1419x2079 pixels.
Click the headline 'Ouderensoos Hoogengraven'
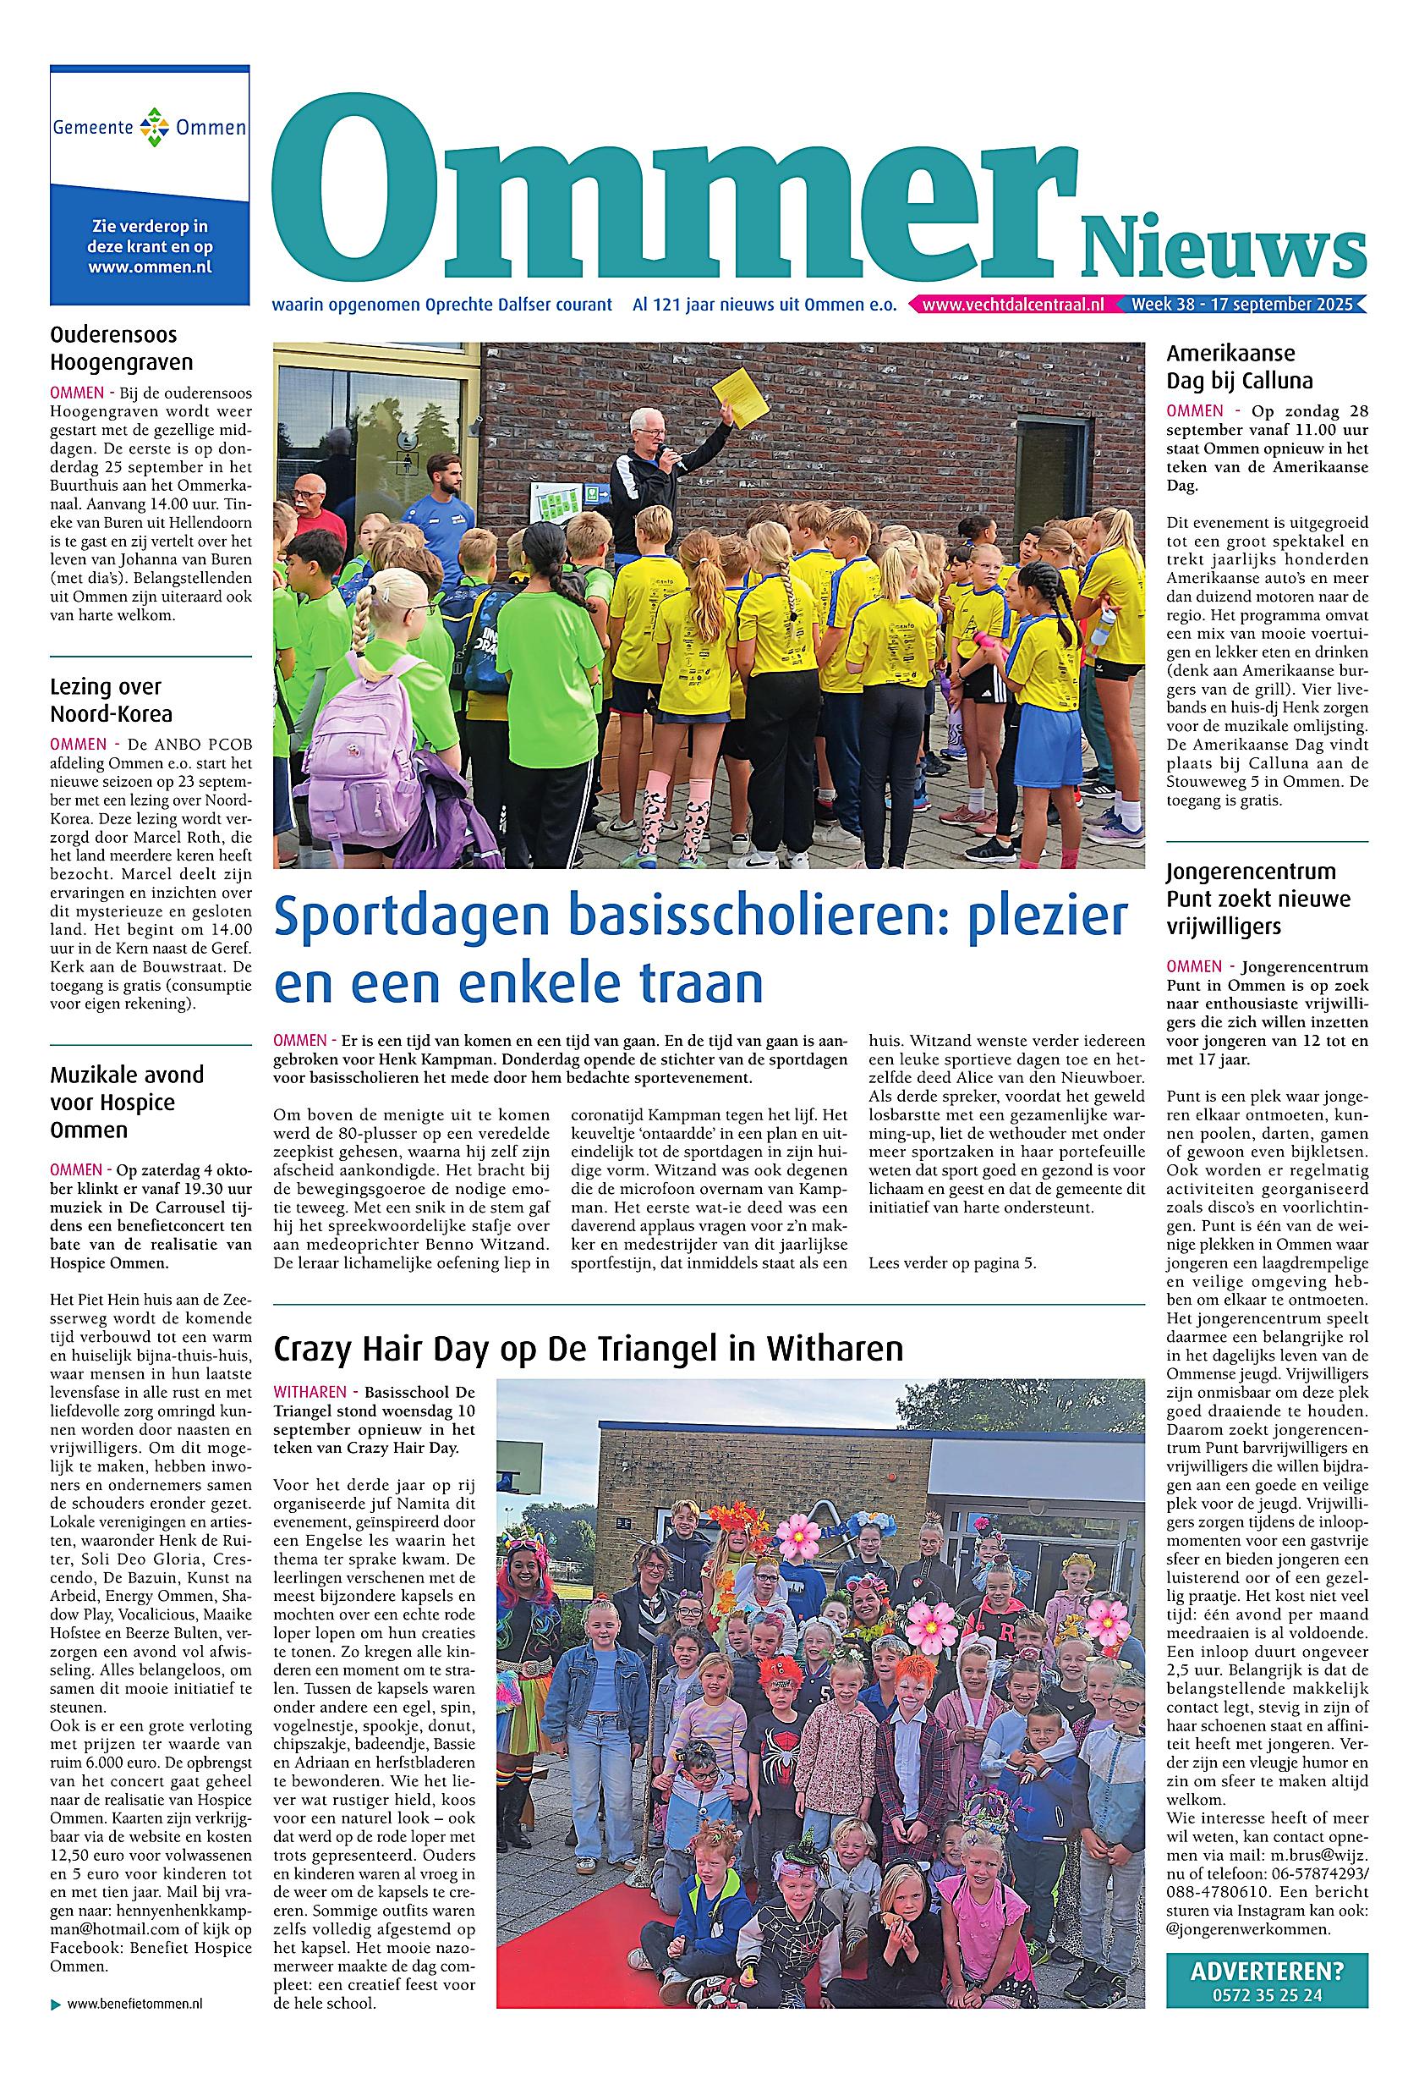(122, 348)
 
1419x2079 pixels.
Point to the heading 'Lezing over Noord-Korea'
(111, 701)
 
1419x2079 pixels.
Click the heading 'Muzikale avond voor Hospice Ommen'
(127, 1103)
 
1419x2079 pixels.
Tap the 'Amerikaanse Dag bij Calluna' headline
(1239, 366)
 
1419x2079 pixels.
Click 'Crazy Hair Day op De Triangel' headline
(588, 1347)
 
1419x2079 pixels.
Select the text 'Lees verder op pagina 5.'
(951, 1264)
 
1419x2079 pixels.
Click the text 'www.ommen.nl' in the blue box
(151, 267)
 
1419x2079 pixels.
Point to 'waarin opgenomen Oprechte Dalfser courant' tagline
(442, 305)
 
